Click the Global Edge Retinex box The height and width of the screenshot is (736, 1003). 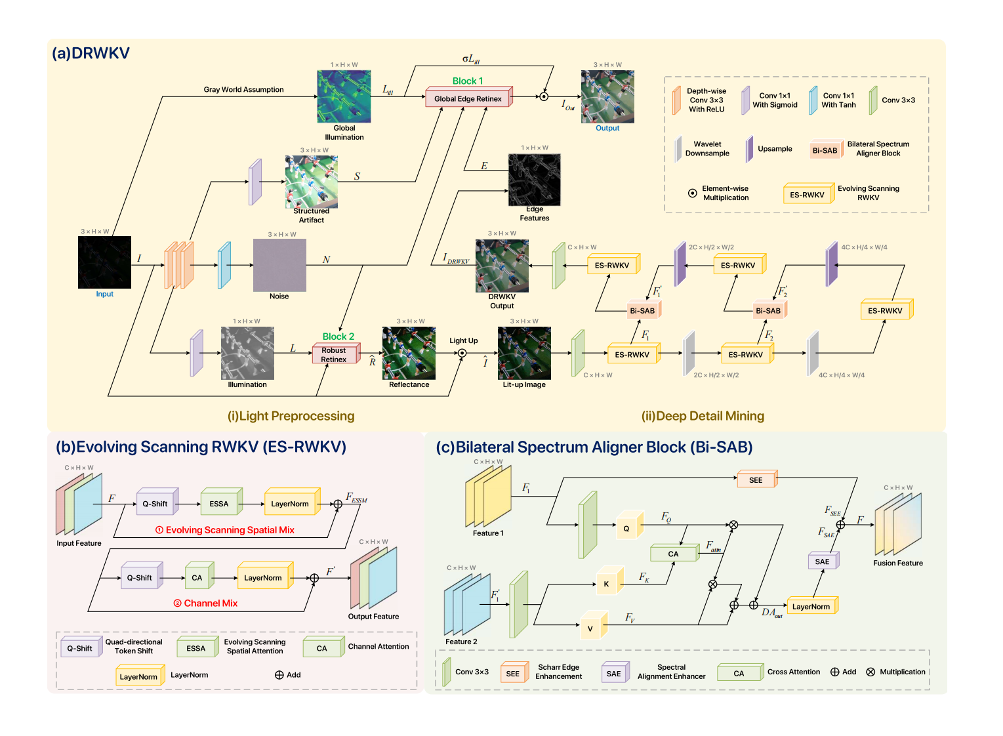[x=468, y=98]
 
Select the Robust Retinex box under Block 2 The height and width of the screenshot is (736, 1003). [x=335, y=355]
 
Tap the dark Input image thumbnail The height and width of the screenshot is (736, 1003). [x=104, y=262]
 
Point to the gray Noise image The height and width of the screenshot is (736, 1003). [x=279, y=265]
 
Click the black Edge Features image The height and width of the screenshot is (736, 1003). [x=534, y=180]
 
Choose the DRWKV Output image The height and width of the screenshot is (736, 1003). [x=502, y=266]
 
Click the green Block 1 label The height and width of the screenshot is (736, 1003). [x=468, y=81]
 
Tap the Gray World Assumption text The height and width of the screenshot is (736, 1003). [x=243, y=89]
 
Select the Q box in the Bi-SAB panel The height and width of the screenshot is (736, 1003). [x=626, y=528]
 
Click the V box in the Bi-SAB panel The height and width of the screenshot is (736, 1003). [x=590, y=628]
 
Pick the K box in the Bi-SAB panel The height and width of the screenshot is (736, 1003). [x=606, y=584]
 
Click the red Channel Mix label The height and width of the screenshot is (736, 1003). [x=205, y=603]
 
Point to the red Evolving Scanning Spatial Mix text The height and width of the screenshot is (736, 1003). [x=224, y=530]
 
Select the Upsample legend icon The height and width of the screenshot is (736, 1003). [x=749, y=149]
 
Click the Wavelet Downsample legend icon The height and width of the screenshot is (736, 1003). [x=678, y=149]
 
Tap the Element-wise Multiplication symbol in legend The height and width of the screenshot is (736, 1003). [x=692, y=193]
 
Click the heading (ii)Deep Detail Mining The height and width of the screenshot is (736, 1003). [x=703, y=416]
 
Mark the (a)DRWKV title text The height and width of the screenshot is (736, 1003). [x=91, y=53]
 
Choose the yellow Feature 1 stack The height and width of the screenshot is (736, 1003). [x=488, y=496]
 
